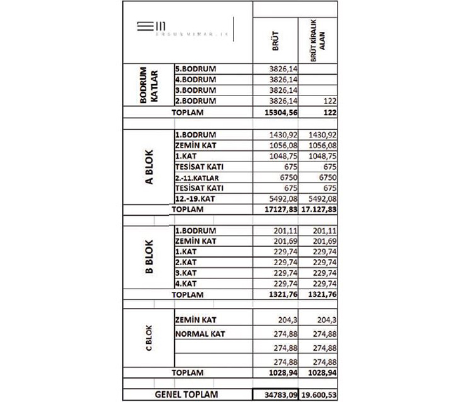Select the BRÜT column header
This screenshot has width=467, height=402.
[x=276, y=39]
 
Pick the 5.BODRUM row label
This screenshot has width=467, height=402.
[x=195, y=69]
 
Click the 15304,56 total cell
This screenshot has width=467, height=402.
[x=280, y=113]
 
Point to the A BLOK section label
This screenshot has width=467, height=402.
[x=149, y=171]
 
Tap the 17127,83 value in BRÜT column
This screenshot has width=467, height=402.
[x=280, y=210]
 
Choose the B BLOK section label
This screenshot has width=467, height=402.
[x=149, y=257]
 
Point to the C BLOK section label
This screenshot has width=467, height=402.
[x=149, y=341]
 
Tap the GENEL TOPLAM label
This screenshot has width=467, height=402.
[x=186, y=395]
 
